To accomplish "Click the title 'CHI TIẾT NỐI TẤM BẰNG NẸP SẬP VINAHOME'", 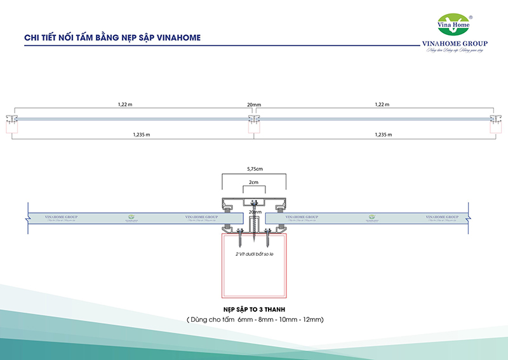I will point(112,37).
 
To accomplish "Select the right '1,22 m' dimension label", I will point(382,104).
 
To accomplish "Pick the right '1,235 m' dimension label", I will point(384,135).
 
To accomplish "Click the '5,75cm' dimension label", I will point(253,169).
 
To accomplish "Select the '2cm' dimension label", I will point(253,183).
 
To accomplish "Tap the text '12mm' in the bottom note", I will point(312,319).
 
